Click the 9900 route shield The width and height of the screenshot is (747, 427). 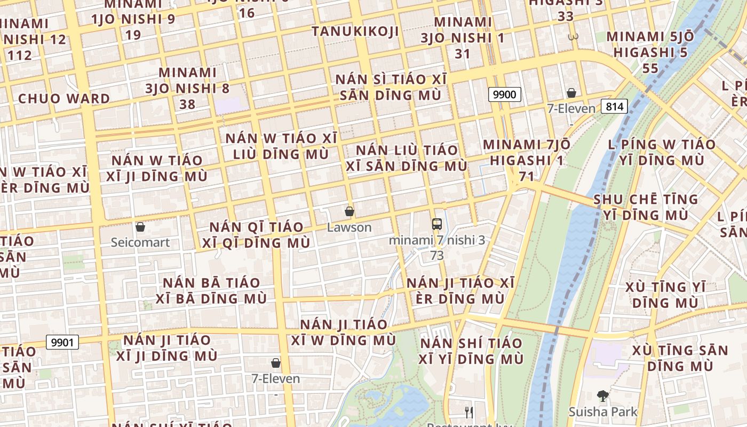[x=504, y=95]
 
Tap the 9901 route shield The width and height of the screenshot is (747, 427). [x=62, y=342]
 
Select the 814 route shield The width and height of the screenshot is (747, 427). [x=614, y=106]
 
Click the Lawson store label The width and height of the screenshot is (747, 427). [x=349, y=227]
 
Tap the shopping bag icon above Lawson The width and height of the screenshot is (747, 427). [x=349, y=211]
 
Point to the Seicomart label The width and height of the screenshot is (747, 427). [x=140, y=242]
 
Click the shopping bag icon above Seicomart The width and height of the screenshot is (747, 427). [x=140, y=227]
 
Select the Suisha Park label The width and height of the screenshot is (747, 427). [x=603, y=412]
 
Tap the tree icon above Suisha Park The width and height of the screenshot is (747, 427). [x=602, y=396]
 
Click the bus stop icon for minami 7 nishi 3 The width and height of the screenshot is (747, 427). [x=437, y=224]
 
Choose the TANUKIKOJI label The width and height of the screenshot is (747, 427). [x=355, y=31]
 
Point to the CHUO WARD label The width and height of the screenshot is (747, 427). [x=64, y=99]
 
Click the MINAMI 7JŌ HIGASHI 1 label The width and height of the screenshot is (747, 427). [x=527, y=152]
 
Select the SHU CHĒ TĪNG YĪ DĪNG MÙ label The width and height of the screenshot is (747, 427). [x=646, y=207]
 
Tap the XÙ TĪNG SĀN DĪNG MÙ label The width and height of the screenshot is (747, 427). [x=680, y=358]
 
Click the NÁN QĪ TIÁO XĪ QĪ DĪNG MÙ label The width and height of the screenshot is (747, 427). [x=259, y=235]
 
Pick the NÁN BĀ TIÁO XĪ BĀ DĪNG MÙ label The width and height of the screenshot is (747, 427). [x=211, y=290]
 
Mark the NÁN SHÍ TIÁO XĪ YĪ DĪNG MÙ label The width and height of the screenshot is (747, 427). [x=471, y=350]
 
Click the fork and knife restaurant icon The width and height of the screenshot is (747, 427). [x=468, y=412]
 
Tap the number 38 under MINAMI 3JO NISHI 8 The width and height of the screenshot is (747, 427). [x=187, y=104]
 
